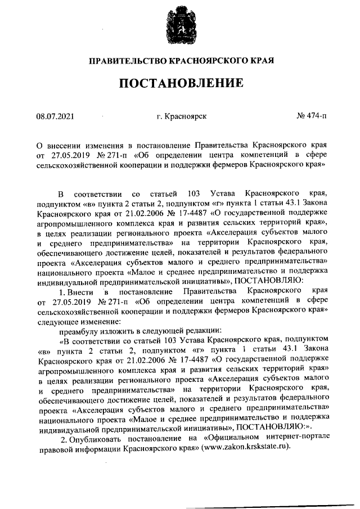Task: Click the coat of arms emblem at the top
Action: click(x=181, y=27)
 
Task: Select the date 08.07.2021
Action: click(x=55, y=116)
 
